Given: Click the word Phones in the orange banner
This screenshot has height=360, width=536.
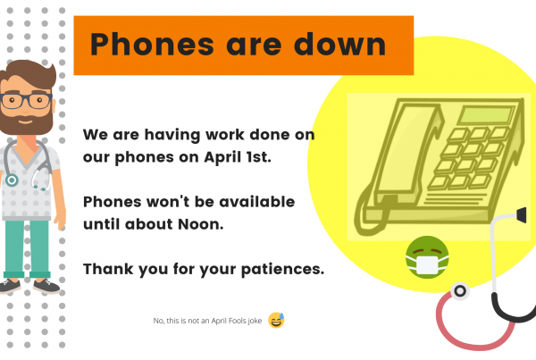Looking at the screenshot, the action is (152, 45).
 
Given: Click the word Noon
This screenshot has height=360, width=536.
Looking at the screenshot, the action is (201, 224).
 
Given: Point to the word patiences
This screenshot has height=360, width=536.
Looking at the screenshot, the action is (282, 270).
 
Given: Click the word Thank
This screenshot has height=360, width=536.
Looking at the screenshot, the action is (108, 269).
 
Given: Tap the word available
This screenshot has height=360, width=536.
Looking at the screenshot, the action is (256, 202).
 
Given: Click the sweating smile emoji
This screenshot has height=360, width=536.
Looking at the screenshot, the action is (276, 321).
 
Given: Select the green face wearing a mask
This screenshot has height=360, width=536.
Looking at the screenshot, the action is (427, 257).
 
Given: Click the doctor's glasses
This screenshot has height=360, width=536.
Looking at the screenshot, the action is (26, 101).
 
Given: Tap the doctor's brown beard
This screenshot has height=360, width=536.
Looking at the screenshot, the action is (26, 122).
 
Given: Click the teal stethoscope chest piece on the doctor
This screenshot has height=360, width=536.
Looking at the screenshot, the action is (12, 180).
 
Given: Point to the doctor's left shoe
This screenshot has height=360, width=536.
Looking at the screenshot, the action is (46, 287).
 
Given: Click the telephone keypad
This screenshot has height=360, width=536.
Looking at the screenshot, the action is (469, 158).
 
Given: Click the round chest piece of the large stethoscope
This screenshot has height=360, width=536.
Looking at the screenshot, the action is (460, 291).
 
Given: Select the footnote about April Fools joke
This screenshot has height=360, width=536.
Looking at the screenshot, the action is (207, 321).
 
